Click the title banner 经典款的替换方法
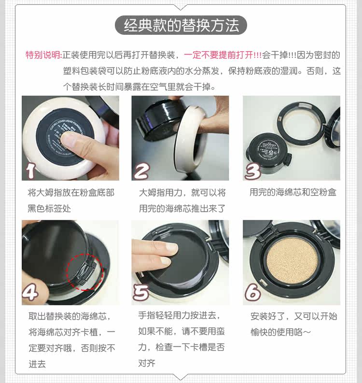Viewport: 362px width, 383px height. (x=181, y=25)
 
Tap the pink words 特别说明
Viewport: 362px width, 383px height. (x=43, y=55)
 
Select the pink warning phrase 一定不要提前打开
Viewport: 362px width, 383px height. (x=218, y=55)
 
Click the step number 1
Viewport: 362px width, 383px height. (x=31, y=170)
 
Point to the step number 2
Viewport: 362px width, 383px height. (x=142, y=171)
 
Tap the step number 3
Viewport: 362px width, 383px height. (x=253, y=171)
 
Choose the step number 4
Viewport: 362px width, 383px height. (x=30, y=292)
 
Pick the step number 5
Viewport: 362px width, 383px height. (x=141, y=292)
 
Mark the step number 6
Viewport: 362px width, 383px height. (x=252, y=292)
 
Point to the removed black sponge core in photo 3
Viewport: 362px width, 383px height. (x=268, y=152)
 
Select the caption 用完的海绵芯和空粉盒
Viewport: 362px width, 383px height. (x=292, y=192)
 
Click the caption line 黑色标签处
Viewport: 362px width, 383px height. (x=49, y=208)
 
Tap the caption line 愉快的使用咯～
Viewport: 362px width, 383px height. (x=281, y=332)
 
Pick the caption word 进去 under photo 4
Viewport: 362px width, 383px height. (x=37, y=364)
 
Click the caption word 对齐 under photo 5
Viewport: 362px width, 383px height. (x=147, y=363)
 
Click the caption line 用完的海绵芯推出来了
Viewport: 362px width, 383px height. (x=182, y=208)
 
